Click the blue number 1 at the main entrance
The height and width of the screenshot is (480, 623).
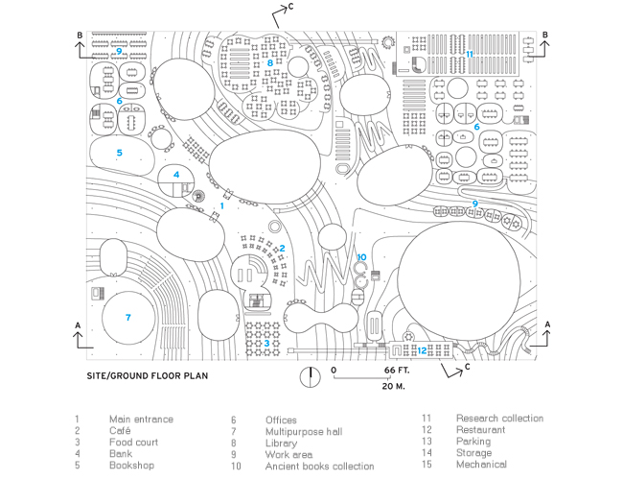click(x=222, y=205)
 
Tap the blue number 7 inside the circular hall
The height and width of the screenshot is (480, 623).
click(x=127, y=317)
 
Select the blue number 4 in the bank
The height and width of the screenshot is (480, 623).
click(x=176, y=175)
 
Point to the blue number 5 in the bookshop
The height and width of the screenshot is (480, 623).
click(x=119, y=153)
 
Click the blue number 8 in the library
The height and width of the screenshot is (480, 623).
click(x=270, y=62)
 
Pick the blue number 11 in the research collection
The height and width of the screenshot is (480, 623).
click(x=470, y=54)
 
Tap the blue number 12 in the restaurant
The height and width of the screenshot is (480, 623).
click(x=422, y=350)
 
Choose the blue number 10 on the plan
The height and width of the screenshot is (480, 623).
click(x=361, y=257)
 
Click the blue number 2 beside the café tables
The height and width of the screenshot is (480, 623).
click(x=282, y=249)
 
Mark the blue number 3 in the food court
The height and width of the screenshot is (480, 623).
click(x=266, y=343)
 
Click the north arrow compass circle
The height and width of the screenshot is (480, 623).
click(x=310, y=377)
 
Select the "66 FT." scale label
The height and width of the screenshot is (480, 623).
click(x=397, y=371)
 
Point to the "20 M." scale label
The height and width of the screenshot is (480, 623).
click(x=393, y=386)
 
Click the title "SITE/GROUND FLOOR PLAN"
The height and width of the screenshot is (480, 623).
click(x=148, y=376)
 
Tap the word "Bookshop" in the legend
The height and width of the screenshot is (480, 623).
click(x=131, y=466)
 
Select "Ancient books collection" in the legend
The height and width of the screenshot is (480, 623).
click(x=320, y=466)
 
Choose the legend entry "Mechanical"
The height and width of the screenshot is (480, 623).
click(x=481, y=465)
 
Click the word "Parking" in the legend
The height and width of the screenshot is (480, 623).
click(x=473, y=442)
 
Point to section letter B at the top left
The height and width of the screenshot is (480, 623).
click(x=80, y=36)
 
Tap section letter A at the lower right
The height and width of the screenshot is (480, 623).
click(x=547, y=324)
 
